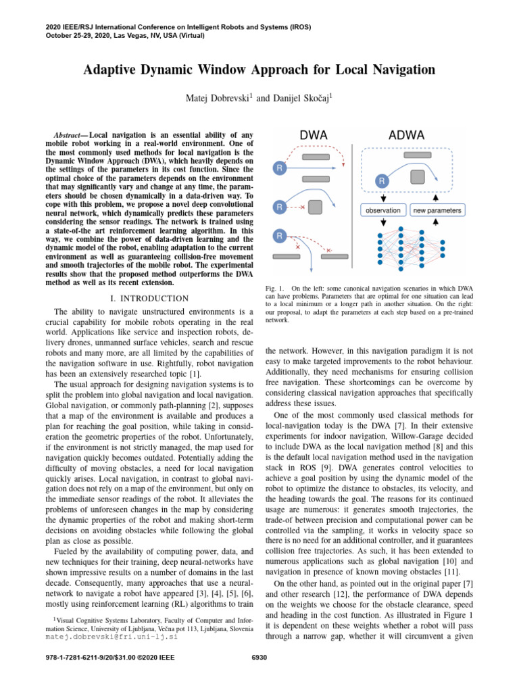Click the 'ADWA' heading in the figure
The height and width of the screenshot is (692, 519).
pyautogui.click(x=406, y=134)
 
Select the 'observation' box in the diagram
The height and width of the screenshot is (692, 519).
pyautogui.click(x=382, y=210)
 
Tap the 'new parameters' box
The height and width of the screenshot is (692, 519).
pyautogui.click(x=437, y=210)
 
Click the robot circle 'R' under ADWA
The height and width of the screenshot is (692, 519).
pyautogui.click(x=382, y=181)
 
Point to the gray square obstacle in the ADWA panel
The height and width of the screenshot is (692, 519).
pyautogui.click(x=418, y=177)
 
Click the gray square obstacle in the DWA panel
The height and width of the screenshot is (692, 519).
pyautogui.click(x=316, y=208)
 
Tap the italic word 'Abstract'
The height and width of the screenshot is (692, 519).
pyautogui.click(x=69, y=134)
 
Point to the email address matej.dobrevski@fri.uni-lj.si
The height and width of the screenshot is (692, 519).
pyautogui.click(x=111, y=637)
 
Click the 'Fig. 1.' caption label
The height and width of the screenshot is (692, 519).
pyautogui.click(x=275, y=289)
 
